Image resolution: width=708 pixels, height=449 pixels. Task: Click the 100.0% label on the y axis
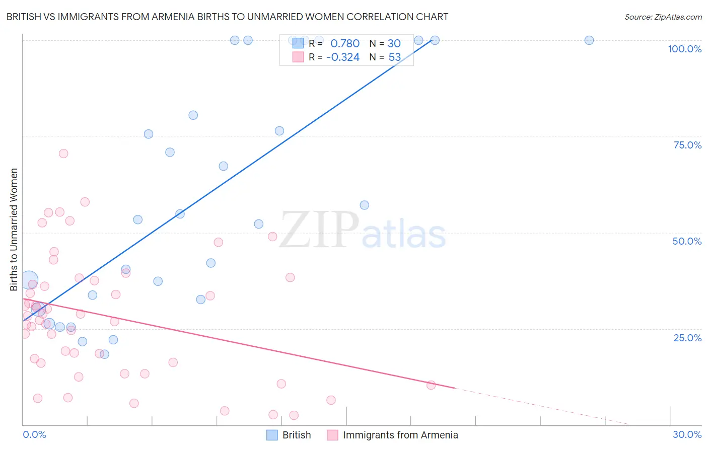click(684, 49)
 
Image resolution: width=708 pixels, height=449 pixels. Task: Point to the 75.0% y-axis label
click(687, 145)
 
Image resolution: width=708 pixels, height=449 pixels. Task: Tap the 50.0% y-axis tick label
click(687, 241)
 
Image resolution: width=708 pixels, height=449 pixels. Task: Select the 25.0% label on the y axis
click(687, 338)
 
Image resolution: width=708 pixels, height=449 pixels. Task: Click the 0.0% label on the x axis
click(34, 434)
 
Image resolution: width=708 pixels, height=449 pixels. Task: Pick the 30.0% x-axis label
click(687, 434)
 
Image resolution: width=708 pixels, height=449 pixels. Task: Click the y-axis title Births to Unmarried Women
click(14, 230)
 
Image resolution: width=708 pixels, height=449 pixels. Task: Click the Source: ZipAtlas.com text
click(663, 17)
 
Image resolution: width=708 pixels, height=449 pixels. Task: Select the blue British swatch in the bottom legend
click(272, 435)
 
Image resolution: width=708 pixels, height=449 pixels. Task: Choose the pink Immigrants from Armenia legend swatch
click(332, 435)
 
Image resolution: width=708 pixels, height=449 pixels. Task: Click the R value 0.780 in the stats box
click(345, 43)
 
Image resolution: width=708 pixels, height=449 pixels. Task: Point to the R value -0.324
click(343, 57)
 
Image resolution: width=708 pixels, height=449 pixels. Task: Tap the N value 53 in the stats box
click(394, 57)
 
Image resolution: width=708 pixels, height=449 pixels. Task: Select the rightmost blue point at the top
click(589, 40)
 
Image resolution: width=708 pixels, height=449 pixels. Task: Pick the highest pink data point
click(63, 154)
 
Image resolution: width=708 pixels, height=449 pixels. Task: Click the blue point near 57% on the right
click(364, 205)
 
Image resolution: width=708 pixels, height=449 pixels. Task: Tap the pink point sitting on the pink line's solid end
click(431, 385)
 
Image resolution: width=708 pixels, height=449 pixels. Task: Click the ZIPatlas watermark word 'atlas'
click(404, 235)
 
